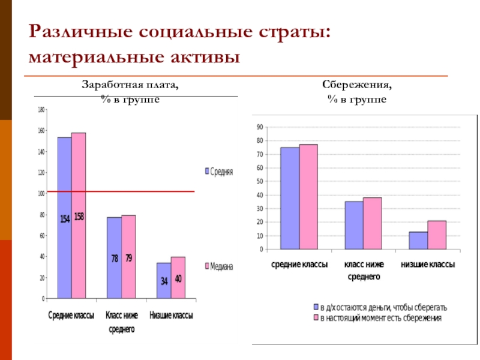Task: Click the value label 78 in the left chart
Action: (114, 259)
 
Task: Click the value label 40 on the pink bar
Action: (178, 279)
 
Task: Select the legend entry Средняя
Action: (219, 172)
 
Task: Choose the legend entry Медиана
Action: (219, 266)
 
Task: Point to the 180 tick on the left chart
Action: (41, 110)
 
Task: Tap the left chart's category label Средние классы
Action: (71, 317)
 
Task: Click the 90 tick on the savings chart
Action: (260, 127)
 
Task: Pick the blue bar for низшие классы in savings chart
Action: (418, 240)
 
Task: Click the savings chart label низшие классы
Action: (427, 265)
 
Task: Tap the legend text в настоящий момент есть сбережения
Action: (380, 318)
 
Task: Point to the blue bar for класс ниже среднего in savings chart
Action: (354, 225)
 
